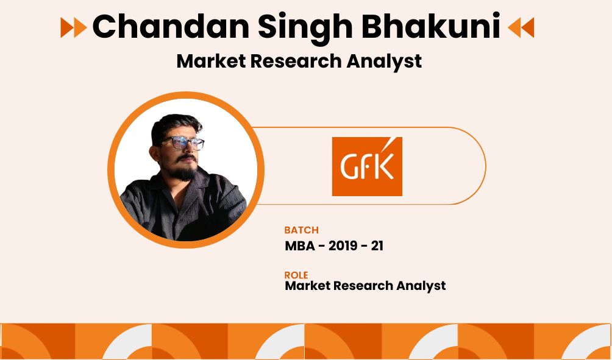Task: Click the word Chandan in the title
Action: (171, 27)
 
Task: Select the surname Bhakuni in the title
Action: (431, 26)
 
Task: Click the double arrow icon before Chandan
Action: (74, 27)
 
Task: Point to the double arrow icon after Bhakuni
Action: (521, 27)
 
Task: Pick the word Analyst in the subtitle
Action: (384, 62)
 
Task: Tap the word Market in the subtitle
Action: (211, 62)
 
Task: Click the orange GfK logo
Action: (367, 166)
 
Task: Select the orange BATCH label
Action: (301, 230)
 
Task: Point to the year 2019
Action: (343, 246)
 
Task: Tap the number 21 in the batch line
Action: (377, 246)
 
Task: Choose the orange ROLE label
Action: (296, 275)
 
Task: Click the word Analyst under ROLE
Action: (421, 286)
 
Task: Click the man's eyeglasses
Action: (183, 143)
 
